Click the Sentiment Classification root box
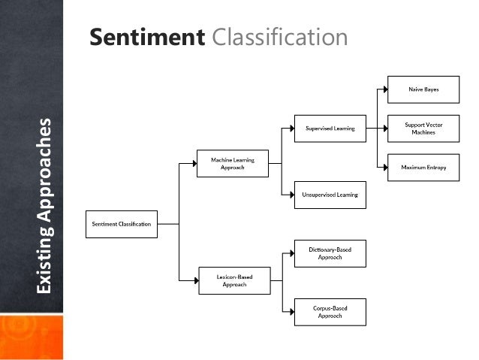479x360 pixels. (x=122, y=224)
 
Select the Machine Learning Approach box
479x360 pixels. (x=232, y=163)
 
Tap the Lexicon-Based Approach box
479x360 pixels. (x=232, y=280)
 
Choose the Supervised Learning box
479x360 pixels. (x=330, y=129)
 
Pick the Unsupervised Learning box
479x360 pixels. (x=330, y=195)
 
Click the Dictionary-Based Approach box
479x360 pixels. (x=330, y=253)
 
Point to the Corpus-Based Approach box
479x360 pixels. (x=330, y=312)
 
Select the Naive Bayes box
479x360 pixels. (x=423, y=89)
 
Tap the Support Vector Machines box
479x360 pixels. (x=423, y=128)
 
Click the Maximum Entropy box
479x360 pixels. (x=423, y=167)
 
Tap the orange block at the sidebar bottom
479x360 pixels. (x=32, y=337)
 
